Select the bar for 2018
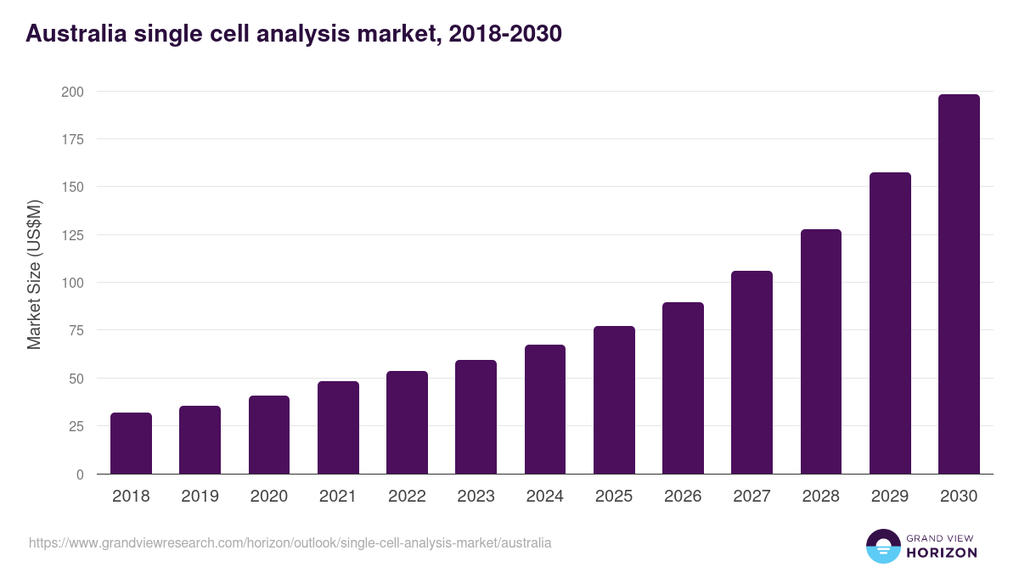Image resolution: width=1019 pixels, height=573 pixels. (131, 443)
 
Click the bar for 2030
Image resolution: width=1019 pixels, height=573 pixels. (959, 284)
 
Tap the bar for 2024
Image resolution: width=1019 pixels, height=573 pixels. (545, 409)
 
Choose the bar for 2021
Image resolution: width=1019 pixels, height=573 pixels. (338, 427)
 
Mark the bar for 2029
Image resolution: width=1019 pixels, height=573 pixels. (890, 323)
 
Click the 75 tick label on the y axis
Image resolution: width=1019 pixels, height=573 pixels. (76, 330)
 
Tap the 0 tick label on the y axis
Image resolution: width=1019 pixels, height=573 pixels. (80, 475)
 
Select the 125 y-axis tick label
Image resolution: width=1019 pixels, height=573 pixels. (72, 234)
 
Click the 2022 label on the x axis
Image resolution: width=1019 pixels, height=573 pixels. (407, 497)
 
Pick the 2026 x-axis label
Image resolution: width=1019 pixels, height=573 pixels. (683, 497)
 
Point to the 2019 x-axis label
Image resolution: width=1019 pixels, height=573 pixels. (200, 497)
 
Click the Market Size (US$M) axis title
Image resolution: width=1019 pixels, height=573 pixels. (34, 275)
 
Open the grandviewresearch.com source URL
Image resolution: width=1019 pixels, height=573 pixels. (290, 542)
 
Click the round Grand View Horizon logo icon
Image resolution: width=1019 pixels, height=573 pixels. (882, 546)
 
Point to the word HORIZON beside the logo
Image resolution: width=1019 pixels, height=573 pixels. (941, 553)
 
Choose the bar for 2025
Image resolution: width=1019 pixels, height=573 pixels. (614, 400)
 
